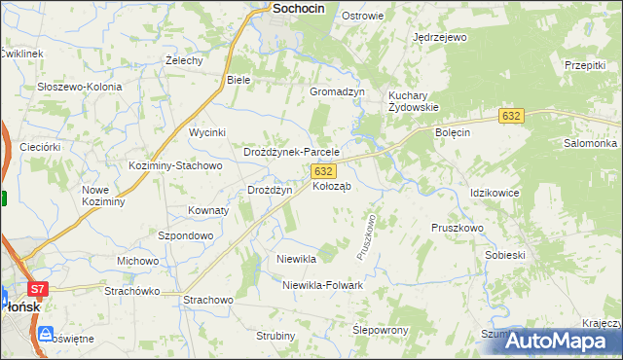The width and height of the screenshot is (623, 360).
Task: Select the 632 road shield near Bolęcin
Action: click(x=512, y=116)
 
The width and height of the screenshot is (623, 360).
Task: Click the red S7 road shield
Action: click(x=37, y=289)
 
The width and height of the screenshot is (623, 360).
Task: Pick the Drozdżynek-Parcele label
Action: click(x=291, y=153)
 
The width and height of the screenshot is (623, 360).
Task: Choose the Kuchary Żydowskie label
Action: click(x=414, y=101)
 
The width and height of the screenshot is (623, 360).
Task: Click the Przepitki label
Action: click(x=585, y=65)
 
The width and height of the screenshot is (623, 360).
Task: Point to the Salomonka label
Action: click(x=585, y=143)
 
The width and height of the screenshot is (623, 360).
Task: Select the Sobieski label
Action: click(x=505, y=255)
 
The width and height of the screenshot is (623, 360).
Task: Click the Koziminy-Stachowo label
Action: click(x=176, y=165)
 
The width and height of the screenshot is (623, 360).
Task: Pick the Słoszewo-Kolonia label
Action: click(x=80, y=87)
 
